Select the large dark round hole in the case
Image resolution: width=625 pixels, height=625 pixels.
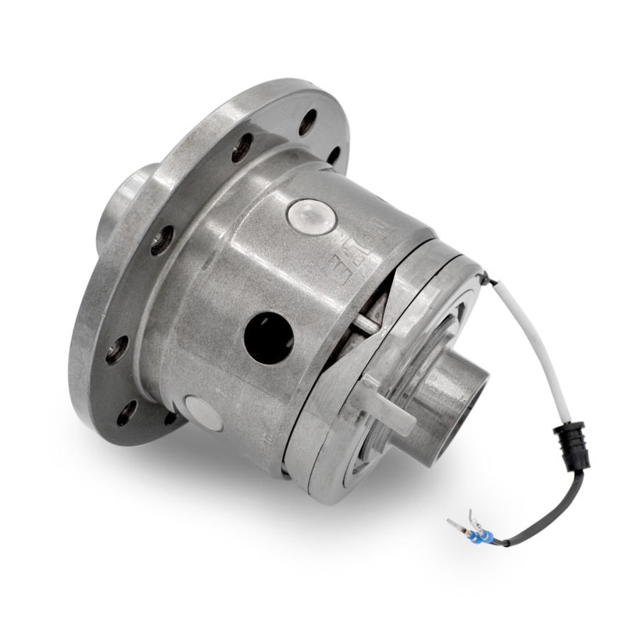coord(269,337)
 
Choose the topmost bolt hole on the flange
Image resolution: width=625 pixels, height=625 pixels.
coord(308,120)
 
